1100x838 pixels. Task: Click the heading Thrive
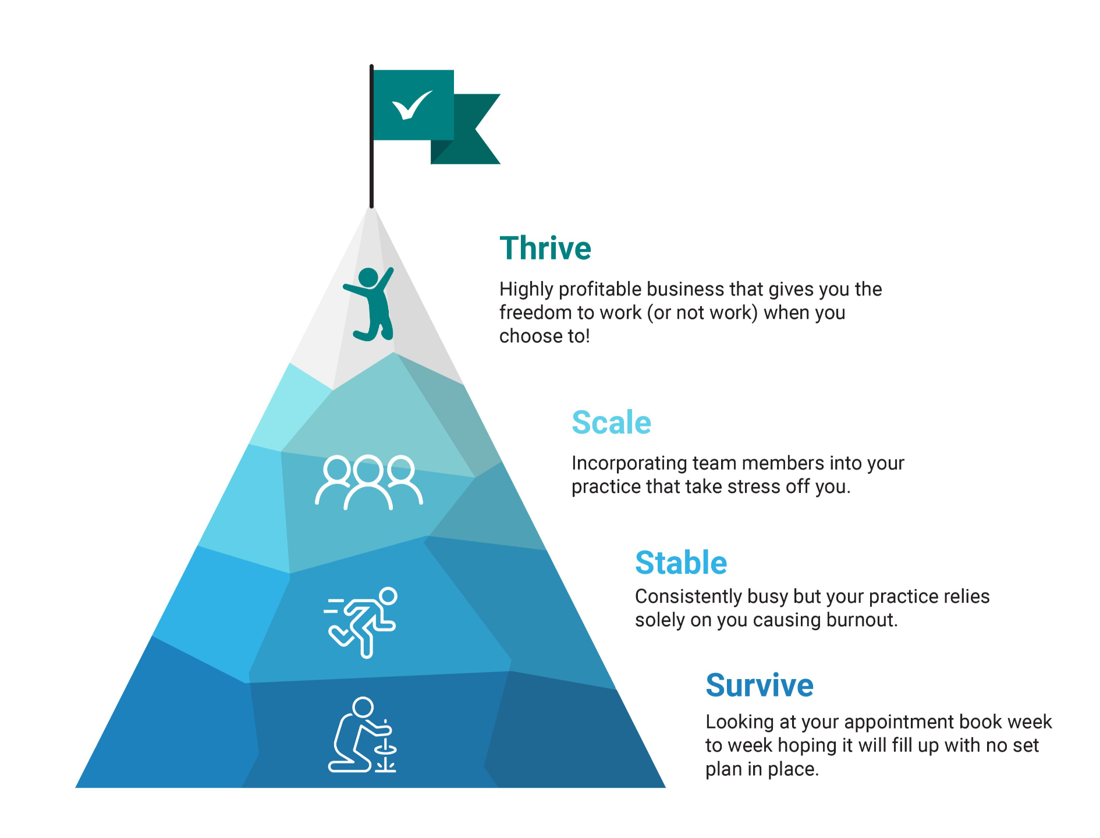coord(545,248)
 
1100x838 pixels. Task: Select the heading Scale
coord(611,422)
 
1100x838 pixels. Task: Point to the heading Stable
coord(681,563)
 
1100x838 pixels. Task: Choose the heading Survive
coord(760,685)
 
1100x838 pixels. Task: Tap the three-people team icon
coord(368,482)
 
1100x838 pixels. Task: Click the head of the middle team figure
coord(368,468)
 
